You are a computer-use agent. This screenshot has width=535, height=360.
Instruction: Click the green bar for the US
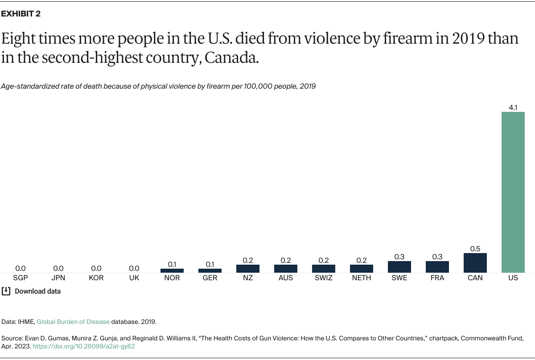[x=513, y=192]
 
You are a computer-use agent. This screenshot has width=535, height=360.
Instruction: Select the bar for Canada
[x=475, y=263]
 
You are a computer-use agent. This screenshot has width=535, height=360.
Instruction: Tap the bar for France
[x=437, y=267]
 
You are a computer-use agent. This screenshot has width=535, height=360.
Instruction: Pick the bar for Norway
[x=172, y=270]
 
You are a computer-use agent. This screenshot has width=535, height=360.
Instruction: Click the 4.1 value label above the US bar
[x=513, y=107]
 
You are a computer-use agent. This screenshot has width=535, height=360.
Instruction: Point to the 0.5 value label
[x=475, y=249]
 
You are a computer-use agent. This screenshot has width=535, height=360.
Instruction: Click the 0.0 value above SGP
[x=21, y=268]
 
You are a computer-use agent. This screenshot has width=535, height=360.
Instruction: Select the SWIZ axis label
[x=324, y=278]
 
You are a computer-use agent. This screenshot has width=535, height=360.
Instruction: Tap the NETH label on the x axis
[x=362, y=278]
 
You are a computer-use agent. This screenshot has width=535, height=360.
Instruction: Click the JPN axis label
[x=58, y=278]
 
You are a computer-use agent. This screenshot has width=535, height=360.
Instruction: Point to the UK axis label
[x=134, y=278]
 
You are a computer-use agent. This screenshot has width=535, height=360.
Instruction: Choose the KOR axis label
[x=96, y=278]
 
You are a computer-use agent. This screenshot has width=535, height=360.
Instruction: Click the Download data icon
[x=6, y=291]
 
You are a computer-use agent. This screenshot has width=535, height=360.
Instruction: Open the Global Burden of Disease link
[x=73, y=321]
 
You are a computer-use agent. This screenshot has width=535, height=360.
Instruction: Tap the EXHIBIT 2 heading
[x=21, y=14]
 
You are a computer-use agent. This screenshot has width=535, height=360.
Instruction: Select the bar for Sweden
[x=399, y=267]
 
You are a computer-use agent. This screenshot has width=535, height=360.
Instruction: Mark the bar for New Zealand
[x=248, y=269]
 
